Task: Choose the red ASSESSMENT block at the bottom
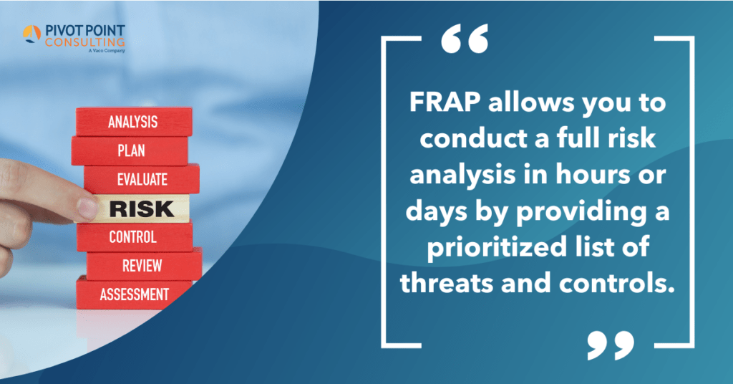pyautogui.click(x=135, y=294)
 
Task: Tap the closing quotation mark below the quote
pyautogui.click(x=610, y=345)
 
